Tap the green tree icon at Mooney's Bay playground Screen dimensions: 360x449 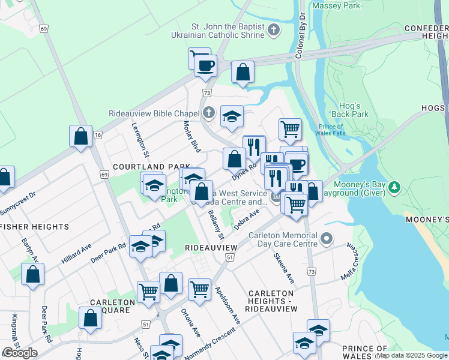pos(394,188)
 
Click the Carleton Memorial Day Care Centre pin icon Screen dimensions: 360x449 pos(326,239)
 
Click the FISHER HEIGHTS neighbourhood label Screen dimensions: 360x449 pos(35,227)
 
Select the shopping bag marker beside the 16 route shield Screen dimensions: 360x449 pos(80,137)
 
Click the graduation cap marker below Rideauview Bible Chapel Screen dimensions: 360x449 pos(232,117)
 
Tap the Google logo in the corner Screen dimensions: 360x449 pos(20,353)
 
